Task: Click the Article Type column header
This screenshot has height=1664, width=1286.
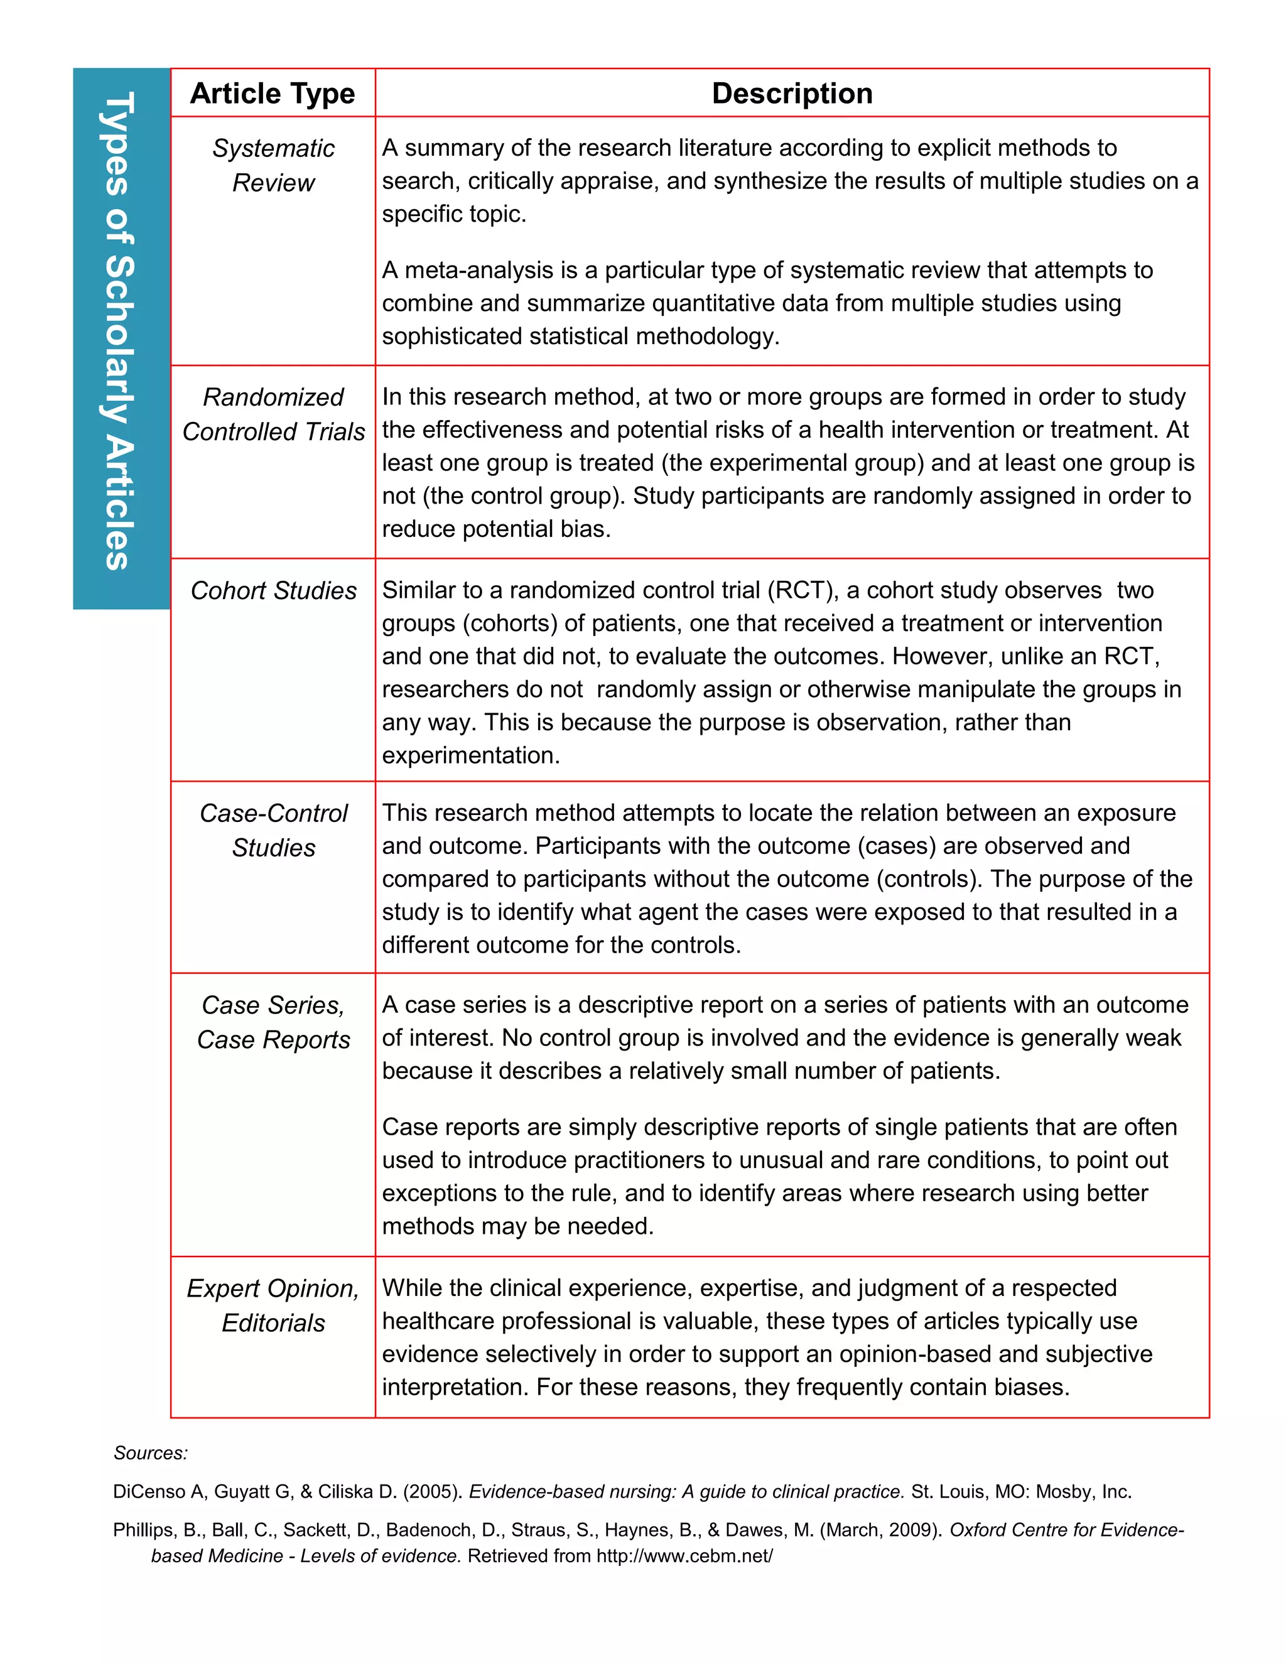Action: pos(272,94)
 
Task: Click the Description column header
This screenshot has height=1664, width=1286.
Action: pos(792,94)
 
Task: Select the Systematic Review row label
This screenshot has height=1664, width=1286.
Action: pos(273,165)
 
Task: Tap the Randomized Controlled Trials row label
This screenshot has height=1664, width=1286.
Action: pos(273,414)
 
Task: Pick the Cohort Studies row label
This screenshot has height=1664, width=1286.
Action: pos(273,590)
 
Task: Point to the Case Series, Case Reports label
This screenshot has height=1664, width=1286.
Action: pos(273,1022)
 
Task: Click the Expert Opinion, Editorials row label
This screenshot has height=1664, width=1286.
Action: pos(273,1305)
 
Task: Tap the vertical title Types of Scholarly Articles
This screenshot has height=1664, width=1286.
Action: pos(121,332)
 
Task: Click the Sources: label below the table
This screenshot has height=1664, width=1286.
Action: pos(150,1453)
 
